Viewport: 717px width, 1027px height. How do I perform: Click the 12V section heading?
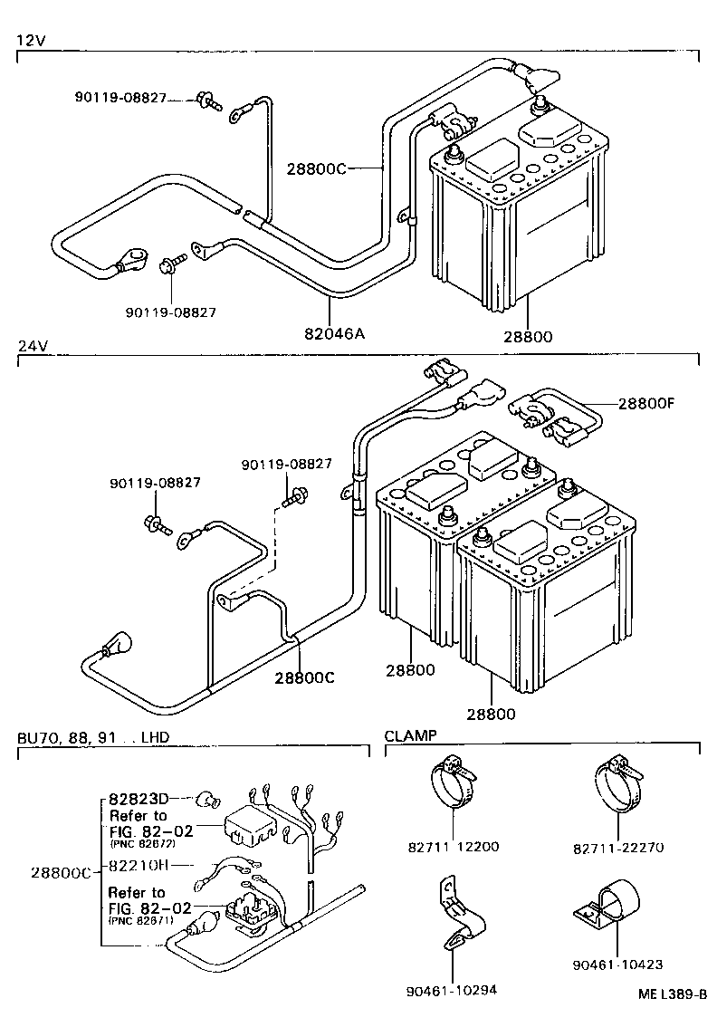coord(30,40)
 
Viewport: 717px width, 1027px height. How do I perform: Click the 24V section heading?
coord(31,347)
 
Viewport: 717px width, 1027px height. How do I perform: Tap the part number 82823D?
coord(139,799)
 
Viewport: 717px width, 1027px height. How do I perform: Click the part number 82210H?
coord(139,864)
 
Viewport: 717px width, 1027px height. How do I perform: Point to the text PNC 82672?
coord(142,843)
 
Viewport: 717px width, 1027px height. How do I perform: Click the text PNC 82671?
coord(142,920)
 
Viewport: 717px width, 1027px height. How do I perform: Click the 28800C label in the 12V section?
coord(316,168)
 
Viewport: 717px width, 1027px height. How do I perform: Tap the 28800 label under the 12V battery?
coord(527,336)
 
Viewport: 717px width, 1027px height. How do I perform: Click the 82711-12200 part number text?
coord(453,847)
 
